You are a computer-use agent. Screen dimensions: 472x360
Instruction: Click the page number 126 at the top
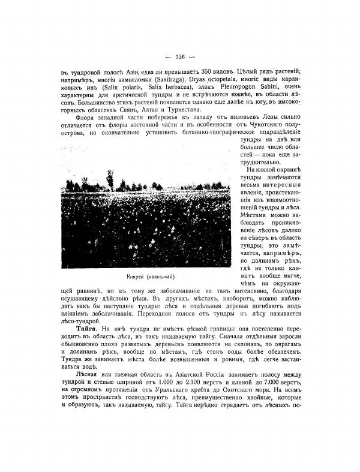(179, 57)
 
